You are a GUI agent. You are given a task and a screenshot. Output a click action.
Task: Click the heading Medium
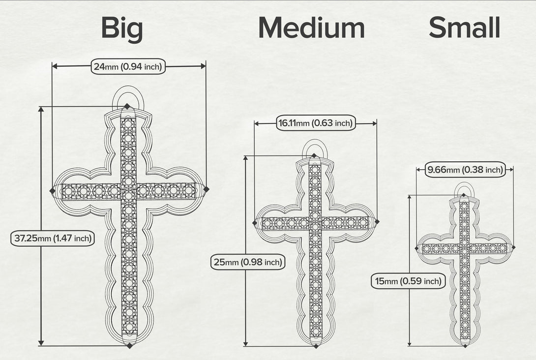tap(311, 28)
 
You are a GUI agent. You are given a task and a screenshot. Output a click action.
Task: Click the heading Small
tap(464, 27)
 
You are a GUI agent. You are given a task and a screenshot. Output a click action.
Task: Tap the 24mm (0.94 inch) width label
tap(128, 66)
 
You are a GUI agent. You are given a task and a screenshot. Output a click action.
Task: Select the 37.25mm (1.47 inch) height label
tap(53, 238)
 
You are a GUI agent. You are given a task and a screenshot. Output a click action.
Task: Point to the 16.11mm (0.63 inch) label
tap(316, 123)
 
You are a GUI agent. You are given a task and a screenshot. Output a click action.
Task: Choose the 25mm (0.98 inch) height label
tap(248, 262)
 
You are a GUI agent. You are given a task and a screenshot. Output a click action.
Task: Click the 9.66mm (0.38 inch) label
tap(465, 170)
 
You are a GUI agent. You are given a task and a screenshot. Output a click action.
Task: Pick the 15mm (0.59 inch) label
tap(408, 281)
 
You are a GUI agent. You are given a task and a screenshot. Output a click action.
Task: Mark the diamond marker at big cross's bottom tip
tap(129, 346)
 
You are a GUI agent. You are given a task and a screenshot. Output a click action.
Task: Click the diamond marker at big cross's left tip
tap(52, 191)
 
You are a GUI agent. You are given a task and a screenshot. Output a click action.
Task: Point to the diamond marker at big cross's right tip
tap(206, 189)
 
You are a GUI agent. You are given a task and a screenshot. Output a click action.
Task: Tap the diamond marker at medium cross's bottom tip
tap(316, 346)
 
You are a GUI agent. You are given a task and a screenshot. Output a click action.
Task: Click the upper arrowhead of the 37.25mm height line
tap(41, 109)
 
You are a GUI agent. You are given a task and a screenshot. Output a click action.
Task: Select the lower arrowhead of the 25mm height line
tap(245, 343)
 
